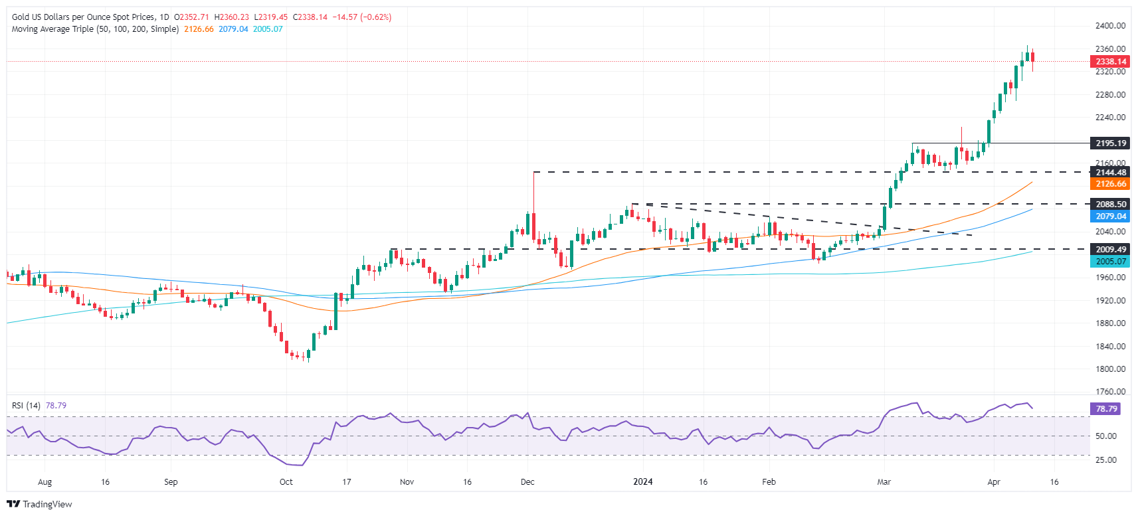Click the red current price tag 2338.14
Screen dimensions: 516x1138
pos(1109,61)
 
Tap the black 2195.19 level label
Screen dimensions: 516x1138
pos(1109,143)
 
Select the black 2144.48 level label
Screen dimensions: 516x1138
pos(1109,172)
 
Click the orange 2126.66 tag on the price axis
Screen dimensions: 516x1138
pos(1109,184)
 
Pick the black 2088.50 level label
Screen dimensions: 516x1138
pos(1109,205)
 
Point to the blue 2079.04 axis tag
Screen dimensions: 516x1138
pos(1109,216)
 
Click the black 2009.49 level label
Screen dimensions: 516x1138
pos(1109,250)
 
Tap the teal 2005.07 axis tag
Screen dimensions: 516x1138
pos(1109,262)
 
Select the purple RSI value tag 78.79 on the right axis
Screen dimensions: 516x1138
pos(1106,409)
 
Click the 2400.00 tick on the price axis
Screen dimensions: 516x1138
pos(1110,26)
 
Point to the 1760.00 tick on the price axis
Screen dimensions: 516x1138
pos(1110,392)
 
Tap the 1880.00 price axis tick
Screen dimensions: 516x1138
pos(1110,323)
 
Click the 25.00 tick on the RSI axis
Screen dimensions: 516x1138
pos(1105,460)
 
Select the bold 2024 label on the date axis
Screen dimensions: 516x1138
pos(642,481)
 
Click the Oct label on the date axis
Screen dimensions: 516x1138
pos(286,481)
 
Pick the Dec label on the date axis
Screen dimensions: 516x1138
pos(527,481)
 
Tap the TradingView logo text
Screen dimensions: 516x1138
pos(47,504)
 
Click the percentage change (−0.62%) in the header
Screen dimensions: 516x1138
pos(376,17)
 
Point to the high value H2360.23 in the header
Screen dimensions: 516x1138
pos(232,17)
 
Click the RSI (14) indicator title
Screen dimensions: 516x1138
pos(26,405)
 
